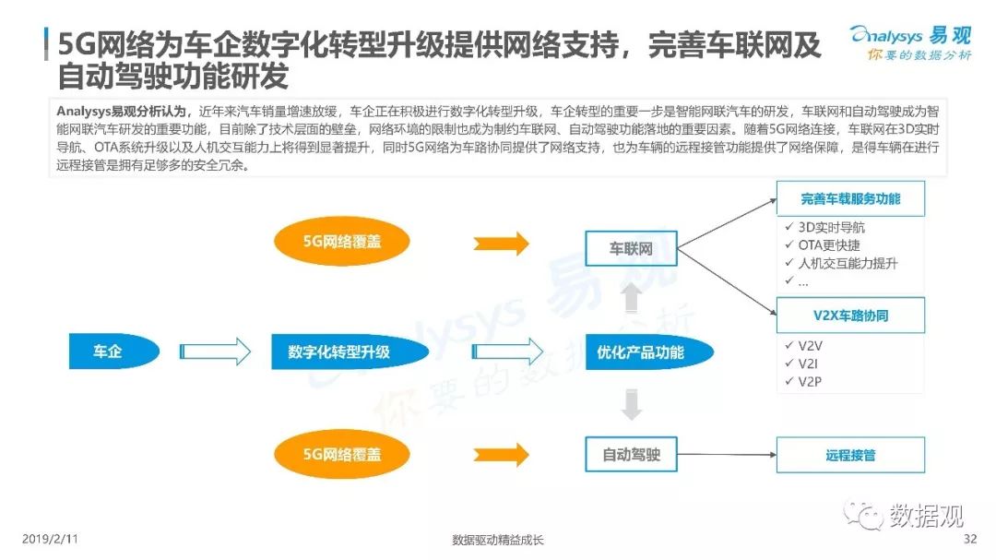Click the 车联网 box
[631, 248]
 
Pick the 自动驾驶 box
[631, 454]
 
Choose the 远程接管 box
[849, 455]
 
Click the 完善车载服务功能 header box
[849, 198]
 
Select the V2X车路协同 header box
[849, 316]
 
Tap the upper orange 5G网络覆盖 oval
[342, 243]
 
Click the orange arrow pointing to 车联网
[501, 244]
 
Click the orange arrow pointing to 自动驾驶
[501, 454]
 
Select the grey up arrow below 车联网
[631, 297]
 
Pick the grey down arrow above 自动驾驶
[631, 404]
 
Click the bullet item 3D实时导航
[830, 227]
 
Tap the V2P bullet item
[809, 381]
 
